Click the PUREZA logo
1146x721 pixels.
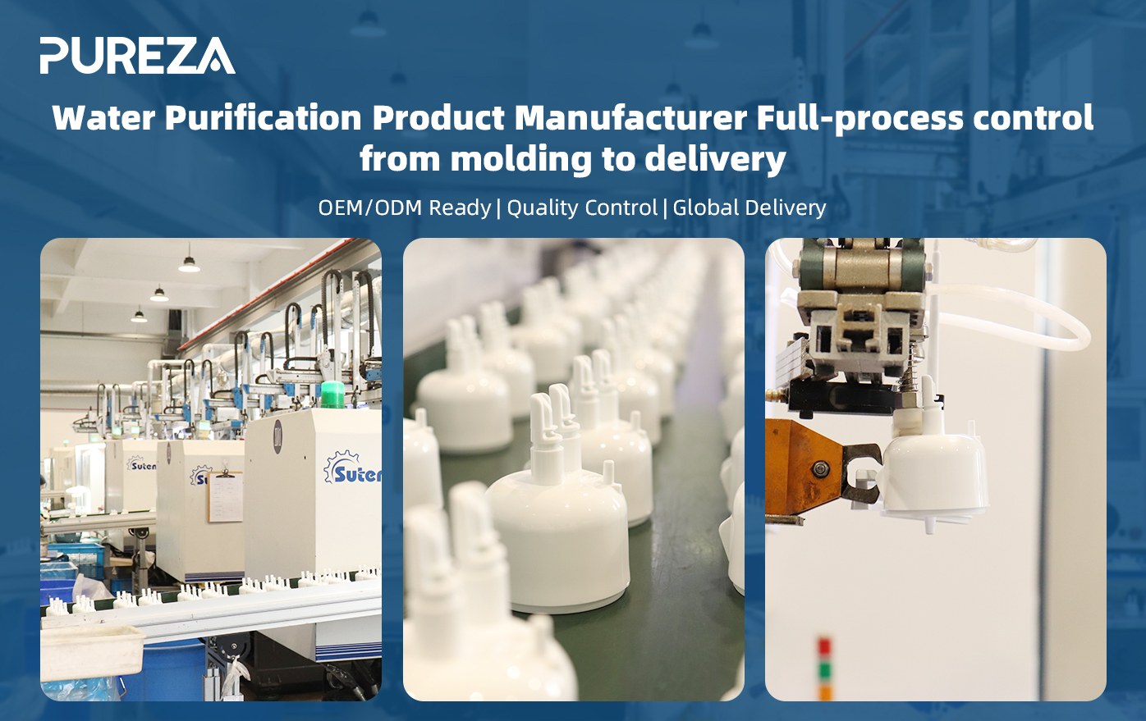[138, 55]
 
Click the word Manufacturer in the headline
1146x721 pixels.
[630, 117]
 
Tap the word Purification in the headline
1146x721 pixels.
[264, 119]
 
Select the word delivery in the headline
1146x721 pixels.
[715, 160]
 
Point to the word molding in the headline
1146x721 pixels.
[520, 160]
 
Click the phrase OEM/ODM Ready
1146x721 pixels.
[404, 208]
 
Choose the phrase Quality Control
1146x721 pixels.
[582, 208]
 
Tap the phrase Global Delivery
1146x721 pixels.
[749, 208]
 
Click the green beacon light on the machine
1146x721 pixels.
[332, 395]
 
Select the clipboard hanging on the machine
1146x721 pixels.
[225, 497]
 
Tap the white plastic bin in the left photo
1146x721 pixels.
[92, 653]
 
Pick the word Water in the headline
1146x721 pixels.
[103, 117]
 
